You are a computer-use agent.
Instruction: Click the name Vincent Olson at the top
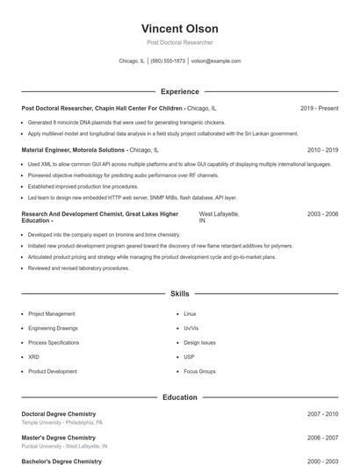pyautogui.click(x=179, y=28)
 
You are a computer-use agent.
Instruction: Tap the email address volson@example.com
pyautogui.click(x=216, y=61)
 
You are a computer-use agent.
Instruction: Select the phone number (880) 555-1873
pyautogui.click(x=168, y=61)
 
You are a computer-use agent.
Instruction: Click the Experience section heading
pyautogui.click(x=180, y=91)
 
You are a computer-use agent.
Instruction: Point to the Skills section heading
pyautogui.click(x=180, y=294)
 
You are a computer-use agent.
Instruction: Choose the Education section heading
pyautogui.click(x=180, y=397)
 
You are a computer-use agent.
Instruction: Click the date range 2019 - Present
pyautogui.click(x=319, y=108)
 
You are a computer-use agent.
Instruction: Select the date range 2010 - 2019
pyautogui.click(x=322, y=150)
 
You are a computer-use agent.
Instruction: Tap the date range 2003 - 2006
pyautogui.click(x=322, y=214)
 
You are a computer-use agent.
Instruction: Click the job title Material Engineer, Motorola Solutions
pyautogui.click(x=74, y=150)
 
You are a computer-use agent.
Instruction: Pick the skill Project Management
pyautogui.click(x=52, y=313)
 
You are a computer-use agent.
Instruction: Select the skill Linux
pyautogui.click(x=191, y=313)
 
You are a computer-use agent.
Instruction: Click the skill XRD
pyautogui.click(x=33, y=357)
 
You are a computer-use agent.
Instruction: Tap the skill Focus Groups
pyautogui.click(x=200, y=371)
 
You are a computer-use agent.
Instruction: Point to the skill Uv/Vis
pyautogui.click(x=191, y=328)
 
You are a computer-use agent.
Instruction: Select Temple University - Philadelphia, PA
pyautogui.click(x=61, y=422)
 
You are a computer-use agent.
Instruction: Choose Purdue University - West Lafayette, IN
pyautogui.click(x=62, y=446)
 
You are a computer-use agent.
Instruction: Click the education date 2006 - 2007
pyautogui.click(x=322, y=437)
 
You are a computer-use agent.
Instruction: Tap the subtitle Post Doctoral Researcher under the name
pyautogui.click(x=179, y=42)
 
